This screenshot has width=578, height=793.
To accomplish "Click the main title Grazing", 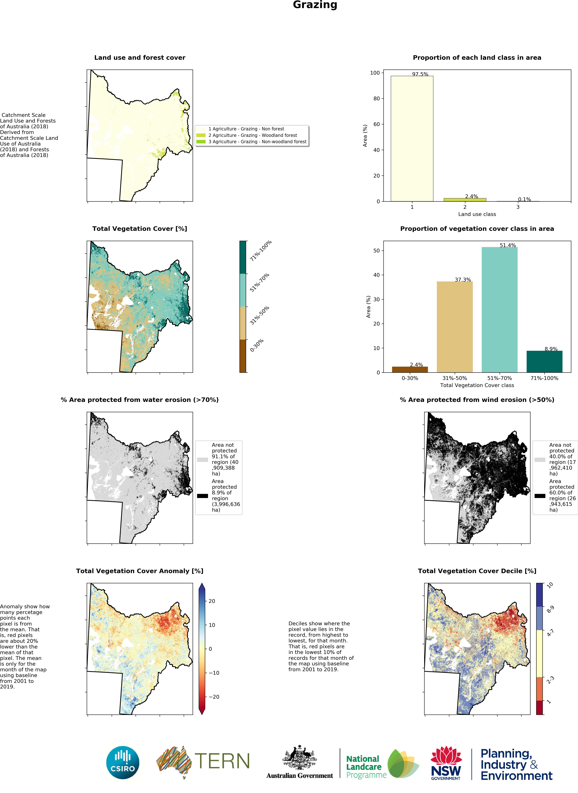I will [315, 5].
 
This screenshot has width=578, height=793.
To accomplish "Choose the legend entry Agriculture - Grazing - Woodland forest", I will [253, 135].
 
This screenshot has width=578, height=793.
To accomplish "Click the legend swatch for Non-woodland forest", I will [201, 142].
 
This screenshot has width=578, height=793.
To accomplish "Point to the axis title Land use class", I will [477, 214].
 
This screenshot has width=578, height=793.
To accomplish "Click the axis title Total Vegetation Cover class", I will [477, 385].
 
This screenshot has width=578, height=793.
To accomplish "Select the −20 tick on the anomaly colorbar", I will [214, 697].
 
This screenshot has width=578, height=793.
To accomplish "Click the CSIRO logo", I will [122, 762].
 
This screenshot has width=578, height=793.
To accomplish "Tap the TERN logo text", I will [222, 761].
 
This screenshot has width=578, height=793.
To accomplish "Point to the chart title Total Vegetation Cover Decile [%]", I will [477, 571].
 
